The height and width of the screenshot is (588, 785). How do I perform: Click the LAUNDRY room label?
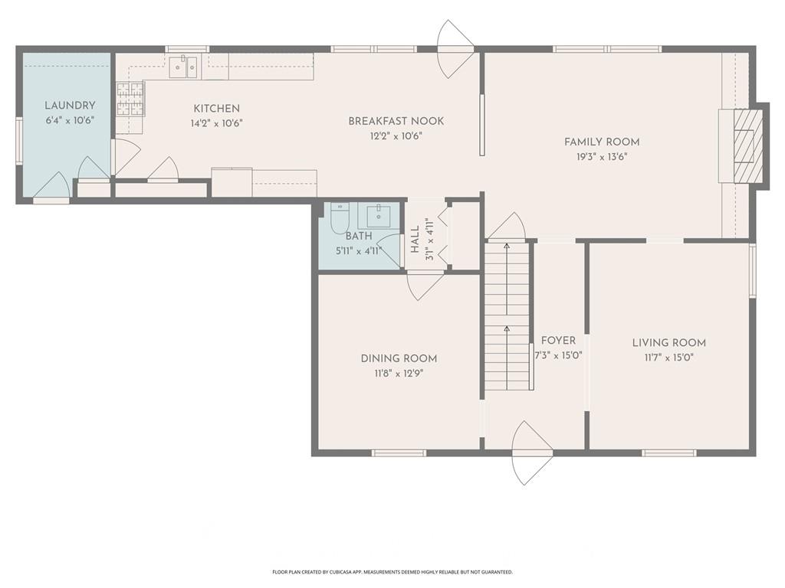pos(70,106)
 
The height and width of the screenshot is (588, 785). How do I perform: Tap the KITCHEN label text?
pos(216,109)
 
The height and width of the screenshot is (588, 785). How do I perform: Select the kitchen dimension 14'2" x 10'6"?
pos(216,123)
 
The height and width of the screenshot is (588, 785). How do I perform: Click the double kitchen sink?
pos(183,67)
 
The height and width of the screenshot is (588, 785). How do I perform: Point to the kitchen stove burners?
pos(130,100)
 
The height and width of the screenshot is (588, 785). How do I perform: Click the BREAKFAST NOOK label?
pos(396,121)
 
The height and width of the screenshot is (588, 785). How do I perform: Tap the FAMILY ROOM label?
pos(602,142)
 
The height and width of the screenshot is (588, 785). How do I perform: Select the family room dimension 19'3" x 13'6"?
pos(602,156)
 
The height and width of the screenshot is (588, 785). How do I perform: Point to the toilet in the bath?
pos(340,218)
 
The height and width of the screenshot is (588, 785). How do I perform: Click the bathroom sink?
pos(379,216)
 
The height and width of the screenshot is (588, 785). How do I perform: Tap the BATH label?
pos(359,236)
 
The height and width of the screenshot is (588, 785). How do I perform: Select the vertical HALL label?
pos(415,239)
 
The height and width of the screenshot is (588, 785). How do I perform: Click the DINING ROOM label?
pos(399,358)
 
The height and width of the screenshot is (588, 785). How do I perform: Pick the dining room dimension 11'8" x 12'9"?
pos(399,374)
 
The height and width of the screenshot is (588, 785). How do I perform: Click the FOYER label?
pos(558,341)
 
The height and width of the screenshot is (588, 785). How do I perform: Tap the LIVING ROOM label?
pos(668,343)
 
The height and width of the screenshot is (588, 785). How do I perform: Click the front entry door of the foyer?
pos(532,452)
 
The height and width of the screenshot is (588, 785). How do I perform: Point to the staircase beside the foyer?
pos(507,315)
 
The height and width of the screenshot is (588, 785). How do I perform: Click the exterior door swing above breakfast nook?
pos(455,48)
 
